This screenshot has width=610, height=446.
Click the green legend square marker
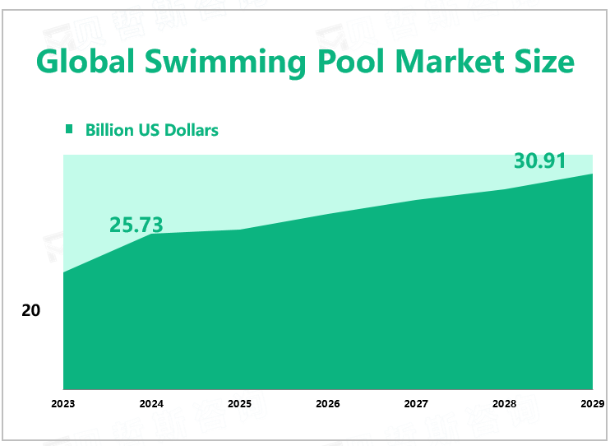pos(69,129)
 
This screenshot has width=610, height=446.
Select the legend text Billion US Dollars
pos(151,130)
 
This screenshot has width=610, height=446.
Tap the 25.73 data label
pos(136,224)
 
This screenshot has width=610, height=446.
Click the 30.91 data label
pos(540,161)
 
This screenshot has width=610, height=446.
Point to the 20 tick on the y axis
pos(31,311)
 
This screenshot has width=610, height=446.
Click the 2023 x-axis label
pos(63,404)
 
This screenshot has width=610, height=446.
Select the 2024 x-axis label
pos(151,404)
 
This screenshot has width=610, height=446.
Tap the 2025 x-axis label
pos(239,404)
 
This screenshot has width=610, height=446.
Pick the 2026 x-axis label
pos(328,404)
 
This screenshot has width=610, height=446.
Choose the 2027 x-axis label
pos(416,404)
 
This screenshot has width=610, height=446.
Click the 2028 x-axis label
pos(504,404)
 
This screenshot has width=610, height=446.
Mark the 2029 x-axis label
pos(592,404)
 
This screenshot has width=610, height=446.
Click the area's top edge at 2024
pos(151,234)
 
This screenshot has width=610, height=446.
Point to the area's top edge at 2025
pos(239,230)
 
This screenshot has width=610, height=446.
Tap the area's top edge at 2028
pos(504,189)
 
